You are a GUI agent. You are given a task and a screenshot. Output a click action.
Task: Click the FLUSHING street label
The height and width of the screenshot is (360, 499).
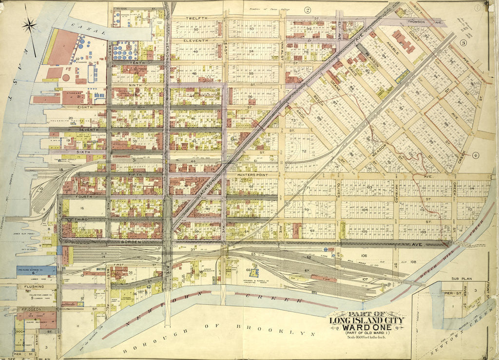(30, 287)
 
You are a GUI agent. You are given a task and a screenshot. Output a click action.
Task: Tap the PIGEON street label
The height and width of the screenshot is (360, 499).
(32, 309)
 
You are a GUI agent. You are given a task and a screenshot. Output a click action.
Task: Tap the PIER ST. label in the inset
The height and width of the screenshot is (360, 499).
(449, 293)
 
